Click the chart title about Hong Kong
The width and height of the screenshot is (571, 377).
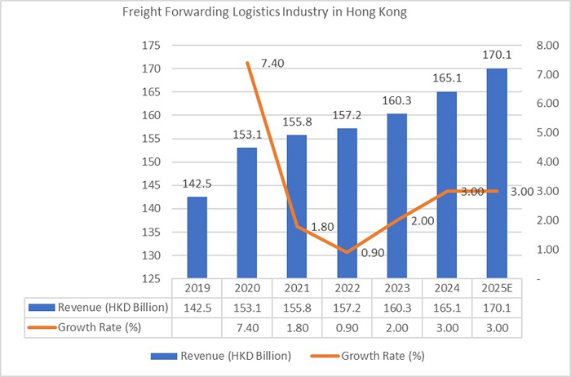pyautogui.click(x=264, y=14)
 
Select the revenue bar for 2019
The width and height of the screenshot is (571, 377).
pyautogui.click(x=197, y=237)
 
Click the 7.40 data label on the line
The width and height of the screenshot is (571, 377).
pyautogui.click(x=272, y=63)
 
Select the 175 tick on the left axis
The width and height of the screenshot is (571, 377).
pyautogui.click(x=152, y=46)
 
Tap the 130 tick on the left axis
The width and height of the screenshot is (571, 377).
pyautogui.click(x=152, y=255)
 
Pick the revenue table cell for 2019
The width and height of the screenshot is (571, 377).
pyautogui.click(x=197, y=308)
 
